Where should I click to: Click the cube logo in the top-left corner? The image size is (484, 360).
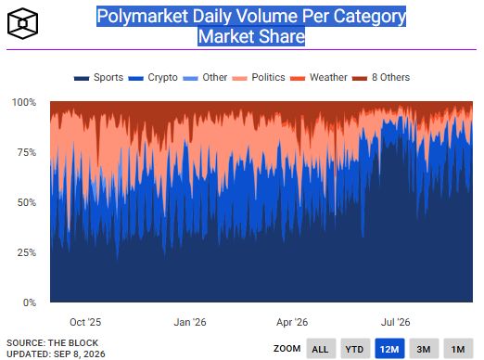(x=22, y=23)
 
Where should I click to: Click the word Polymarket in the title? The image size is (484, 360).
(x=143, y=16)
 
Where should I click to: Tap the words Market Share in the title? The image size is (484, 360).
(x=251, y=36)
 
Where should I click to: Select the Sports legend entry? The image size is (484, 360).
(x=98, y=77)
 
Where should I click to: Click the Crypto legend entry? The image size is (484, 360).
(x=153, y=77)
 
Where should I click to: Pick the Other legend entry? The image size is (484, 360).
(x=205, y=77)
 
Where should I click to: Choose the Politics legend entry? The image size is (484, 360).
(x=259, y=77)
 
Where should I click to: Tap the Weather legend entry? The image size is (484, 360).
(x=319, y=77)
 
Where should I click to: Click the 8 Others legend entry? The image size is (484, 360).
(x=381, y=77)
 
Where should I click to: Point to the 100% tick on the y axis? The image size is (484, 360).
(x=24, y=102)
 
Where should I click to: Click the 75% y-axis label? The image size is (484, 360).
(x=27, y=152)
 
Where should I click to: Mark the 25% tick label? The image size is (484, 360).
(x=27, y=252)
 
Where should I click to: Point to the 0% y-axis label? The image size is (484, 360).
(x=30, y=302)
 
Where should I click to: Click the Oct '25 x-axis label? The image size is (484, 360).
(x=85, y=322)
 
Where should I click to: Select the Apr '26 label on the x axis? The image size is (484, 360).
(x=292, y=322)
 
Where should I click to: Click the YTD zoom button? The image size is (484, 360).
(x=355, y=349)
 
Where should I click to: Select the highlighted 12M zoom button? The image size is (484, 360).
(x=389, y=349)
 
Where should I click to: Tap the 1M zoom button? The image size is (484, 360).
(x=458, y=349)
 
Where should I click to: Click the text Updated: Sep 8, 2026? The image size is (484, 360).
(x=56, y=354)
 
